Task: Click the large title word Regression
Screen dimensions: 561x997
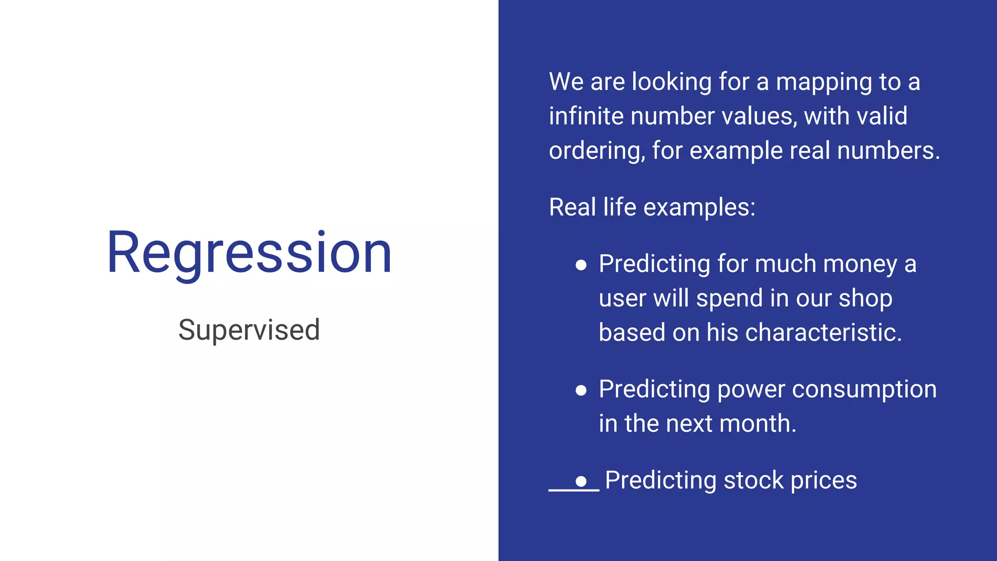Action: [249, 253]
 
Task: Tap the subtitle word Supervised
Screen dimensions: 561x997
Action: [249, 330]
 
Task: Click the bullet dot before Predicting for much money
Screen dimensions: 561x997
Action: [581, 265]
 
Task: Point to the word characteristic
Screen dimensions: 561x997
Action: [823, 333]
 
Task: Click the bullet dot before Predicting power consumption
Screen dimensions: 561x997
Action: [581, 390]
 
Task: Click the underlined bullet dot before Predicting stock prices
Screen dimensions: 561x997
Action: [581, 482]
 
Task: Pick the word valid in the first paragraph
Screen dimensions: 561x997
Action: [882, 116]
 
